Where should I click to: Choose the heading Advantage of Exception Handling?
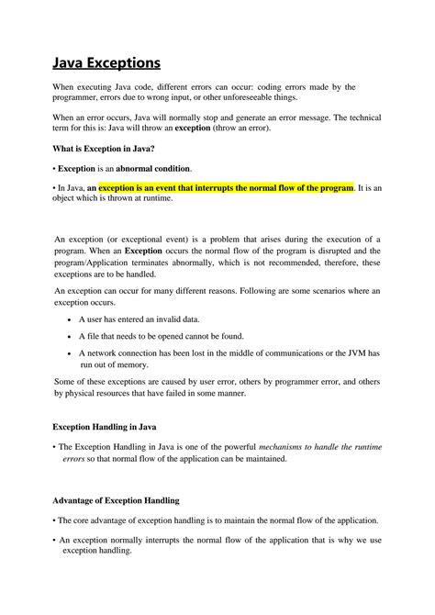coord(115,500)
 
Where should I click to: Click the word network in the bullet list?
coord(106,352)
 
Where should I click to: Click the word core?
coord(87,520)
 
